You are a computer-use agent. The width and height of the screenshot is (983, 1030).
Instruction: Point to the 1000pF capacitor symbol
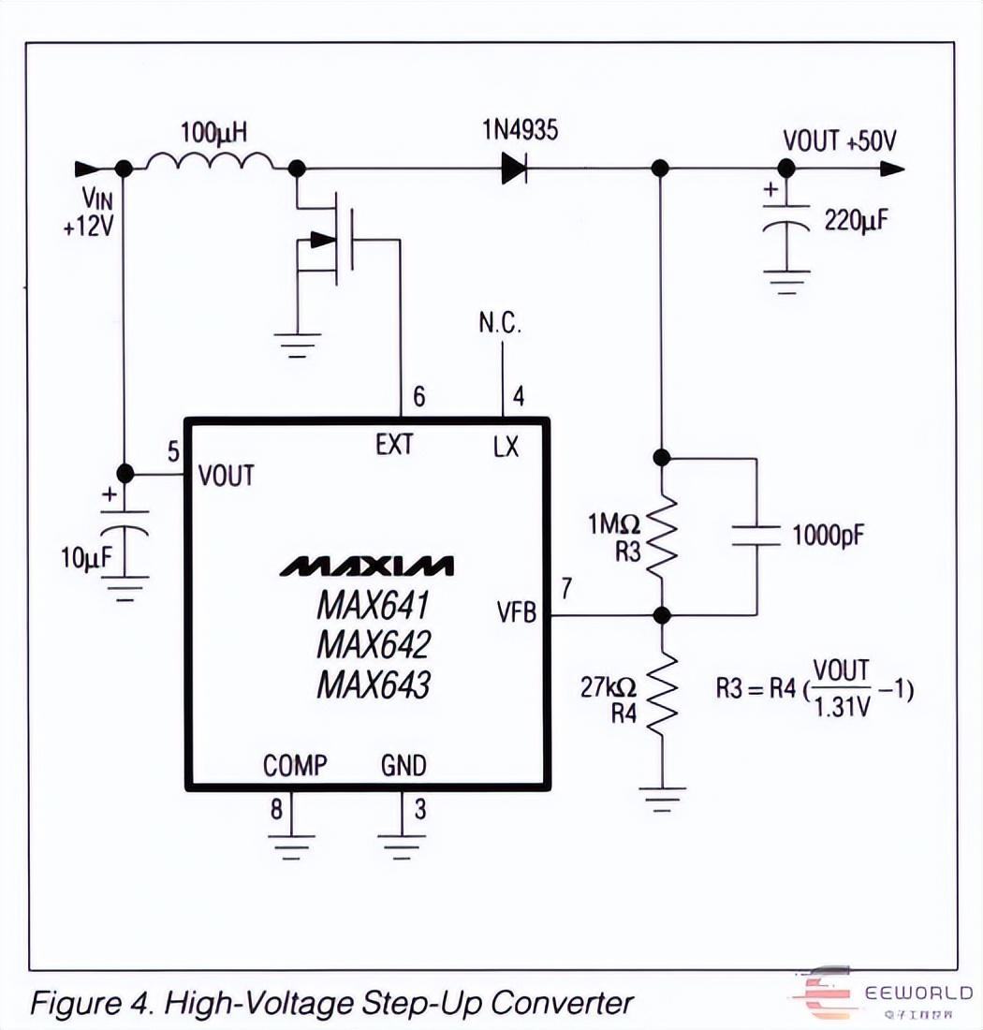tap(756, 536)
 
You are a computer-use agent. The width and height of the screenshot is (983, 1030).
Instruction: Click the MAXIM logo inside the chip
tap(367, 566)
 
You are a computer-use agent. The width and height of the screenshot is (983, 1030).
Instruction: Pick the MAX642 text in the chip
tap(373, 646)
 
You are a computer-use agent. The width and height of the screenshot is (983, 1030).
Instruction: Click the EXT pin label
tap(394, 444)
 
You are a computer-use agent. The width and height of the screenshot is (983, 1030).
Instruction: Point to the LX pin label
tap(506, 447)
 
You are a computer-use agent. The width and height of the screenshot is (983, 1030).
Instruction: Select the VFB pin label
tap(517, 614)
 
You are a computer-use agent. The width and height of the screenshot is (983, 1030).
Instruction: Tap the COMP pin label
tap(295, 766)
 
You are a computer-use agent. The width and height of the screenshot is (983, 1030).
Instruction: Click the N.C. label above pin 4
tap(500, 324)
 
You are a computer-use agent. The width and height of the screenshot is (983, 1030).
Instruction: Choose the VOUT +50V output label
tap(840, 141)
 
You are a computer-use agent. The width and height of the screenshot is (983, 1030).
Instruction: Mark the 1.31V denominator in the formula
tap(841, 709)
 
